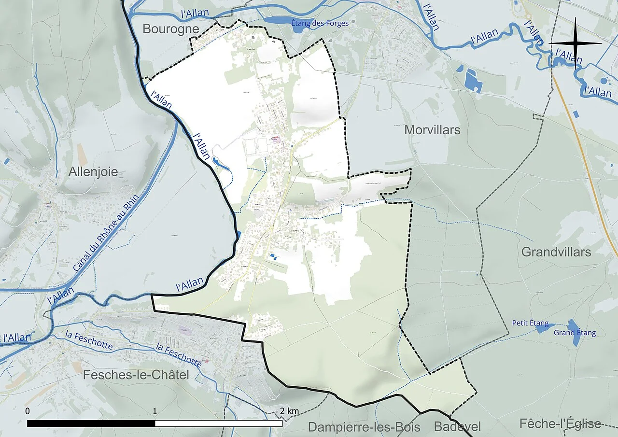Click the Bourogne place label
(170, 29)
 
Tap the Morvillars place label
(432, 130)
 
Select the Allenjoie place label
(93, 172)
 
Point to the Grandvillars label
(556, 252)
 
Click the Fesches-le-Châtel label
(136, 375)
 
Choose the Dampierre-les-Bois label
(364, 427)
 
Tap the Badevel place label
(457, 427)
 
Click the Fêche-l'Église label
(560, 424)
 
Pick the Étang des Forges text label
(320, 23)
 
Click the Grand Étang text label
(575, 333)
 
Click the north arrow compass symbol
(576, 43)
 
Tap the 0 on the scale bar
(28, 411)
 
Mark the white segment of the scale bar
(218, 423)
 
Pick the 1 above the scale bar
(155, 411)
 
